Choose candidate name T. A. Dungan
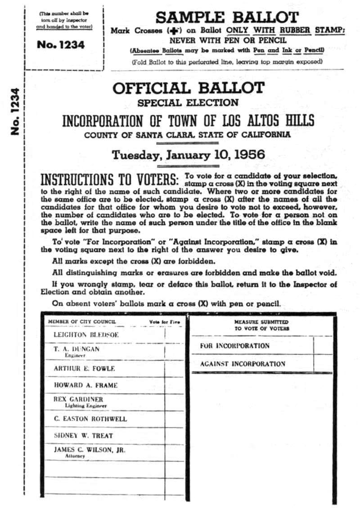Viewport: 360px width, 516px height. [x=76, y=349]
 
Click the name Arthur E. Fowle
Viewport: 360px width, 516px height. [x=84, y=368]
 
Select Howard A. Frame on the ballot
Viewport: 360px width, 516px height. [x=85, y=385]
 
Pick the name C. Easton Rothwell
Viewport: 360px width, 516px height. [x=90, y=419]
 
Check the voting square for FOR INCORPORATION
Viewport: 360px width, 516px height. [x=323, y=345]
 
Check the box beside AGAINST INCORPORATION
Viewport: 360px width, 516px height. [x=323, y=363]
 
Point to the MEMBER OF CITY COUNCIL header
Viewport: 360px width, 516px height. [x=82, y=321]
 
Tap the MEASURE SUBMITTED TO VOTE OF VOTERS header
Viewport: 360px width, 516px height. [x=261, y=325]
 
